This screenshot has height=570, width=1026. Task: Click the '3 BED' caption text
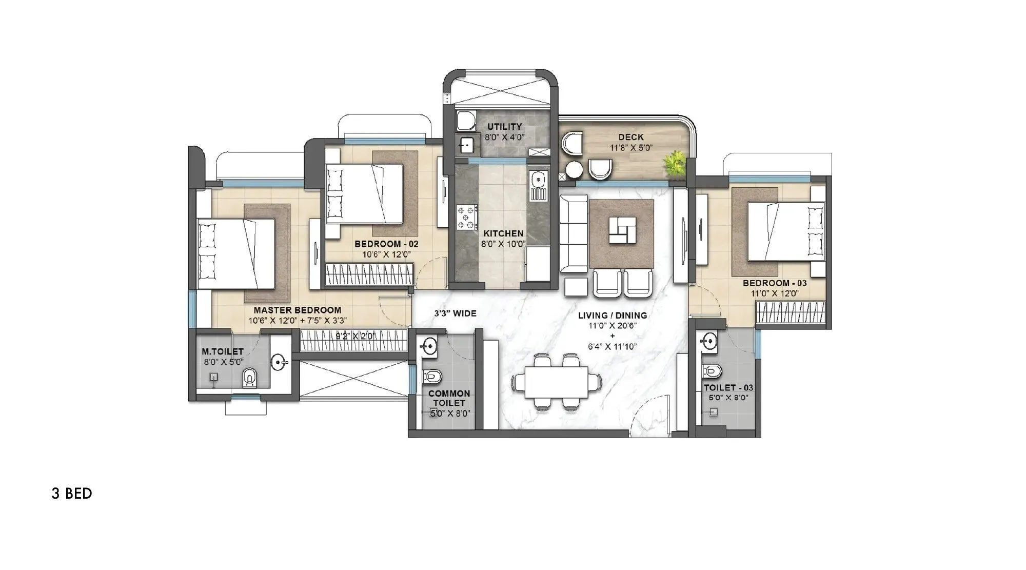[72, 494]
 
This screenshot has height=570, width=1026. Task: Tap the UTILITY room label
[504, 126]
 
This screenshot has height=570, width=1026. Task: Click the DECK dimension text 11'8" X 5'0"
[630, 148]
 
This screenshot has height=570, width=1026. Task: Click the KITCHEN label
[503, 233]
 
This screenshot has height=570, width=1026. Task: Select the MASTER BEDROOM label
[297, 310]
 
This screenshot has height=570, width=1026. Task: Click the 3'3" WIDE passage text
[455, 313]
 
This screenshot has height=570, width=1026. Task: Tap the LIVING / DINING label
[612, 315]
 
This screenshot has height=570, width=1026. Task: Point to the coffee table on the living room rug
[622, 231]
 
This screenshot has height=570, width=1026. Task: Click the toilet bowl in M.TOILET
[249, 378]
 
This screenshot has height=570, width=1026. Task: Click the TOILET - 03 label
[728, 388]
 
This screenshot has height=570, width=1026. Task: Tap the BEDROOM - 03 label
[774, 283]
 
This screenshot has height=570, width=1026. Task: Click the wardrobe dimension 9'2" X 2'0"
[356, 337]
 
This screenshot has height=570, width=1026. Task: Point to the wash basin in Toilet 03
[710, 341]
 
